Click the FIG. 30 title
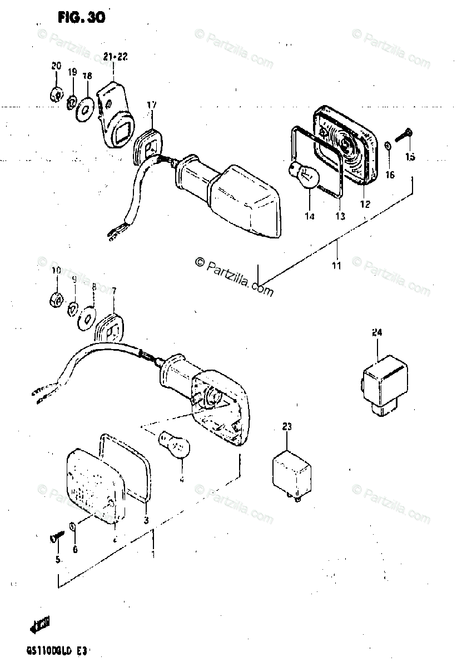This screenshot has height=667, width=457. click(x=81, y=18)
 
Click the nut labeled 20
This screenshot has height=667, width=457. click(x=55, y=94)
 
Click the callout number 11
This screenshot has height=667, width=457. click(x=336, y=265)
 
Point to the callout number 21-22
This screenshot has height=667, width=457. click(x=115, y=56)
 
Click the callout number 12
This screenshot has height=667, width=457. click(x=365, y=203)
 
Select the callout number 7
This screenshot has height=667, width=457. click(x=114, y=290)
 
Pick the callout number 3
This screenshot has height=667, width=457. click(x=146, y=520)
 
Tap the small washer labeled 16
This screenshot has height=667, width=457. click(x=388, y=147)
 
